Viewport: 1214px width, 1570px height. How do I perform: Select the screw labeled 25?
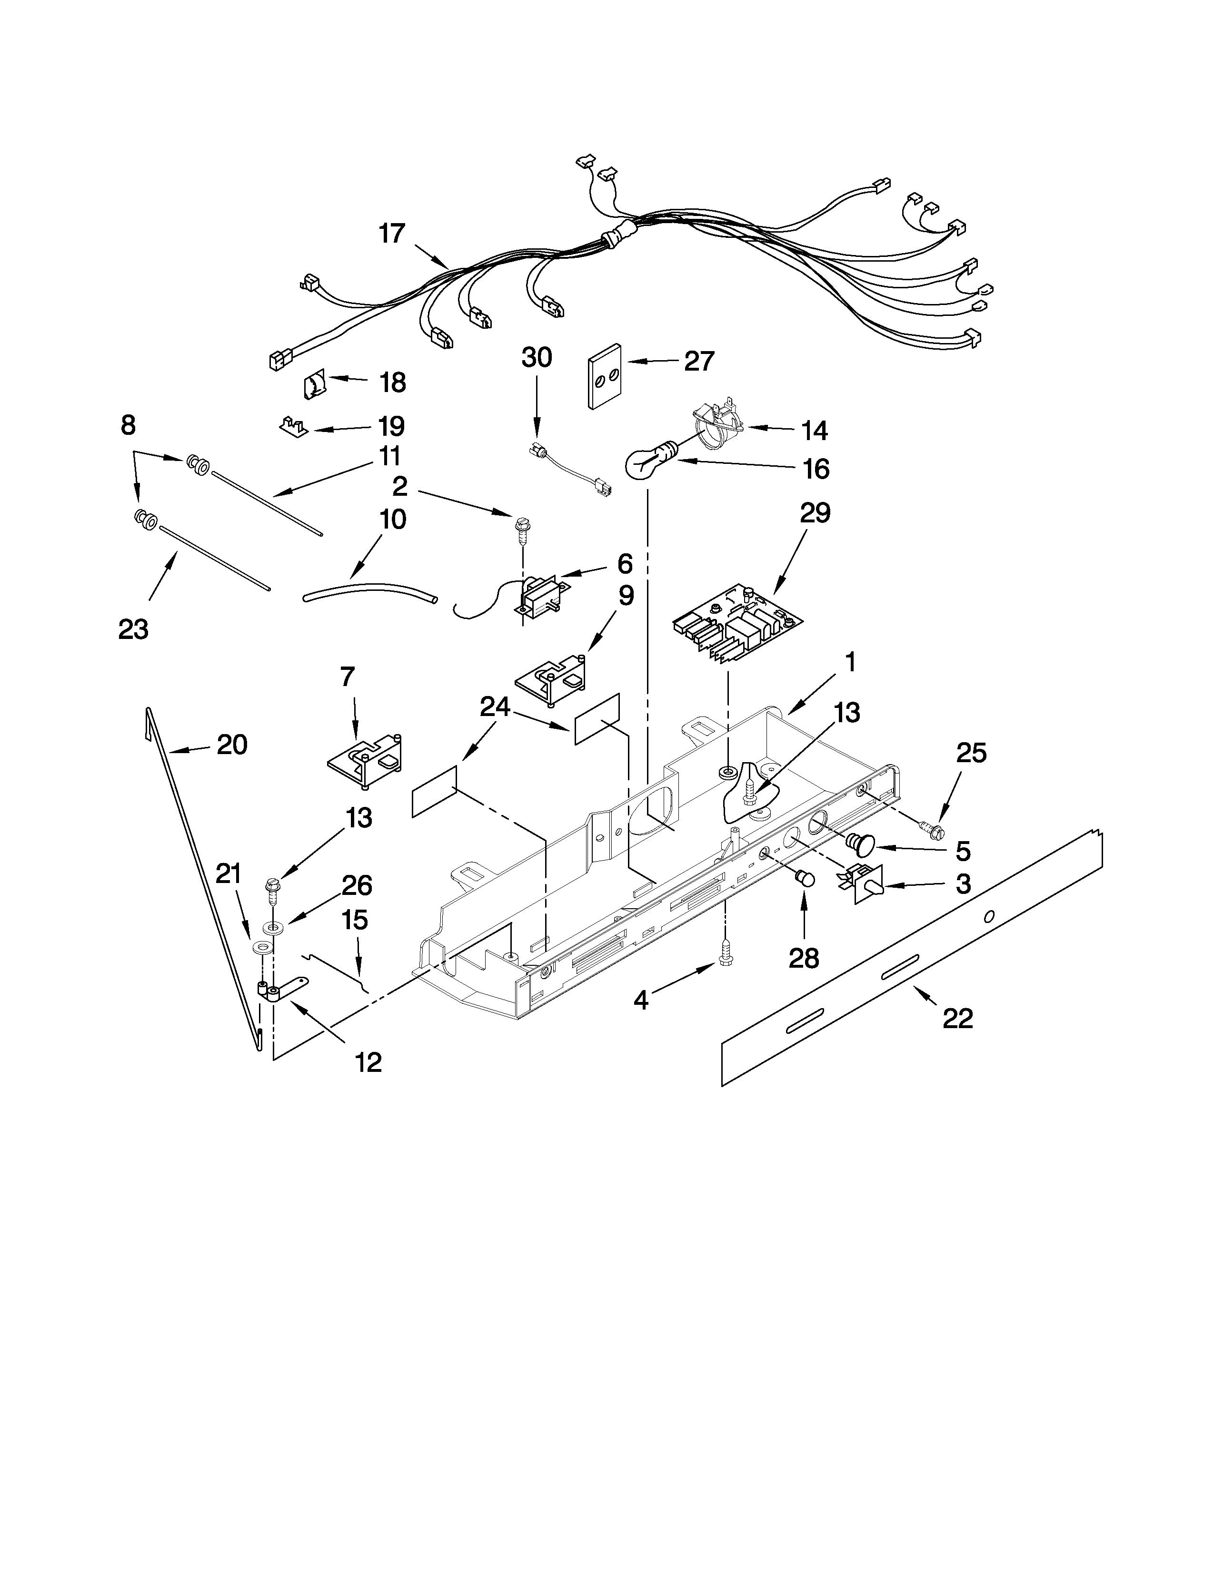(x=930, y=829)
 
